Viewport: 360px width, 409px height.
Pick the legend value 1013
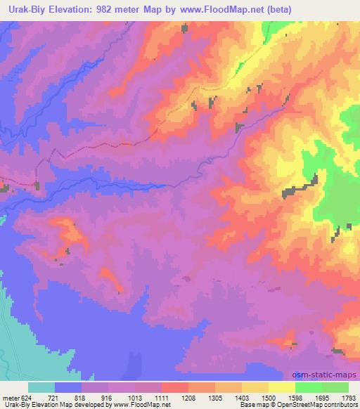134,397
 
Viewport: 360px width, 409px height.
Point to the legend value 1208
189,397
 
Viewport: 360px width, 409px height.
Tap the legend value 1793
349,397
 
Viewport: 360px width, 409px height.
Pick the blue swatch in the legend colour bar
68,387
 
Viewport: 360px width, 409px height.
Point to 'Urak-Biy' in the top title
26,9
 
